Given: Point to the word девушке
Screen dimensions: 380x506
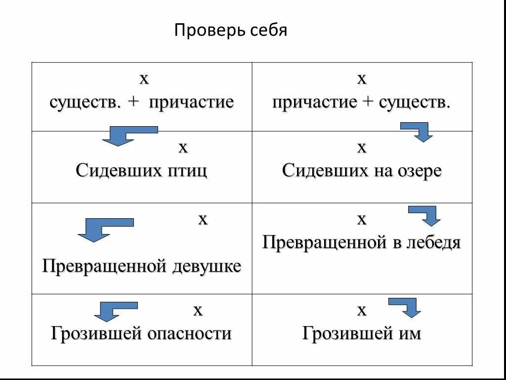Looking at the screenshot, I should tap(207, 267).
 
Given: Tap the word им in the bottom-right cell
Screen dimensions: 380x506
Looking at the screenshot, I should tap(411, 333).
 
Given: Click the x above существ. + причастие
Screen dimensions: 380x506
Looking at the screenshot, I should tap(144, 79).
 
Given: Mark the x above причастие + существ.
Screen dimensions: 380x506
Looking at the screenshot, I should tap(362, 79).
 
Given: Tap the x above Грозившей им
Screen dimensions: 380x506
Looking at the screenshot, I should tap(362, 311).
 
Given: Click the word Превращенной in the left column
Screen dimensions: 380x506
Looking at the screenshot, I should tap(105, 267).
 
